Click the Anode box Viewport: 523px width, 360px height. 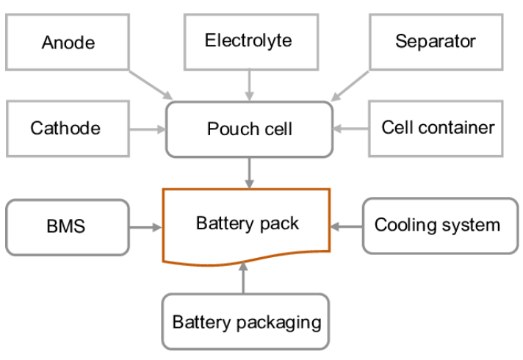pos(68,42)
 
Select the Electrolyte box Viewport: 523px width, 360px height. pos(248,40)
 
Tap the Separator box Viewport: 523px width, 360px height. pos(435,40)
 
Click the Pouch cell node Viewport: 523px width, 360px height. pos(249,129)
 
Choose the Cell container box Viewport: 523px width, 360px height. pos(437,128)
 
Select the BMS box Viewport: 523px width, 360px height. pos(67,226)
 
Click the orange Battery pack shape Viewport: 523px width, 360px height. pos(246,223)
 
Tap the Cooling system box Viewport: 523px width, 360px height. pos(439,225)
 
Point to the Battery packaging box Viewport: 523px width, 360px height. pos(245,322)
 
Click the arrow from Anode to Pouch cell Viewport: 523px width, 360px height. pos(150,85)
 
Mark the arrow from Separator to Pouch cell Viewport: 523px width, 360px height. pos(350,85)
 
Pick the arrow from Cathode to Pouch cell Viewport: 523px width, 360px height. pos(147,130)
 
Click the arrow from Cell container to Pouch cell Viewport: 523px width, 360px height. pos(351,129)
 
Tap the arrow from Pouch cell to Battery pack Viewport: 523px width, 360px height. pos(249,173)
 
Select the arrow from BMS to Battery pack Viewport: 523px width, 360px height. pos(145,227)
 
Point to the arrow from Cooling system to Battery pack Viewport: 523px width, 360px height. pos(346,226)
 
